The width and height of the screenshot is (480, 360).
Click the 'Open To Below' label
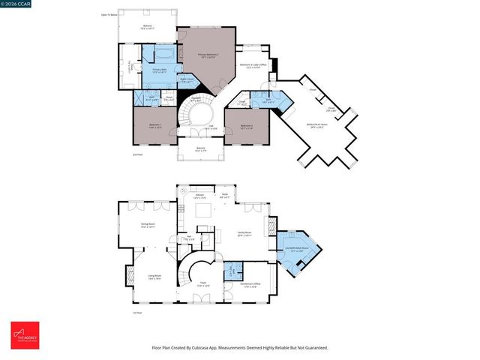click(x=109, y=14)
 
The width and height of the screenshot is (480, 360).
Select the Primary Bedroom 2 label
click(x=207, y=55)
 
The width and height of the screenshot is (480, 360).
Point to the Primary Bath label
click(x=159, y=70)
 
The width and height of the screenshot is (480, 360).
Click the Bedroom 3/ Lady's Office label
click(x=252, y=65)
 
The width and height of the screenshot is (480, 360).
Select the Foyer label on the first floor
click(x=201, y=285)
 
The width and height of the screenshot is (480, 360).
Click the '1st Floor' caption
click(x=136, y=312)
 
